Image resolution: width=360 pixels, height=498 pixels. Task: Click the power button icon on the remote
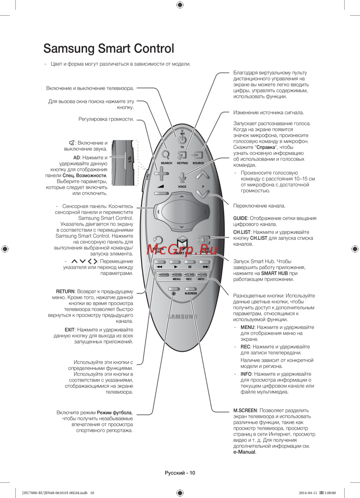pos(182,139)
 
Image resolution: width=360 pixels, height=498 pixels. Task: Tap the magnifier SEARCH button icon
pos(166,155)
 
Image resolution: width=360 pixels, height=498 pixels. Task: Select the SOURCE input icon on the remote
pos(198,155)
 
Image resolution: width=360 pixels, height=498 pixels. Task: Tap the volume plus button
pos(161,174)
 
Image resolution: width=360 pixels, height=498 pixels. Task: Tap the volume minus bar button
pos(161,193)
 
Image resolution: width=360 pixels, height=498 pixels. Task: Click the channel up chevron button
pos(202,175)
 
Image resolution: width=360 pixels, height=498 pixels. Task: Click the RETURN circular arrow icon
pos(158,240)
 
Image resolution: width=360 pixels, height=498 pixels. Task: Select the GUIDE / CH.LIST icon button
pos(204,240)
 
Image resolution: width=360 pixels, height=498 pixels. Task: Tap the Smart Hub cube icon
pos(182,243)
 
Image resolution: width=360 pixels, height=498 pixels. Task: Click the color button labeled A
pos(163,275)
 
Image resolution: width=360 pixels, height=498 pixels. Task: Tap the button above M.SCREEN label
pos(191,289)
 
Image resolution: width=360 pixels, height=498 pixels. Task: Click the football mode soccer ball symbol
pos(174,294)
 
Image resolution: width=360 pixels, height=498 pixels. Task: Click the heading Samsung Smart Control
pos(109,49)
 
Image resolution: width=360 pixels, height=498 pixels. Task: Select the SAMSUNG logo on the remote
pos(182,317)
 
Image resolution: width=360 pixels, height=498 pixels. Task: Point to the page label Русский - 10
pos(180,473)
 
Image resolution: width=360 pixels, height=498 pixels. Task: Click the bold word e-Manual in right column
pos(244,452)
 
